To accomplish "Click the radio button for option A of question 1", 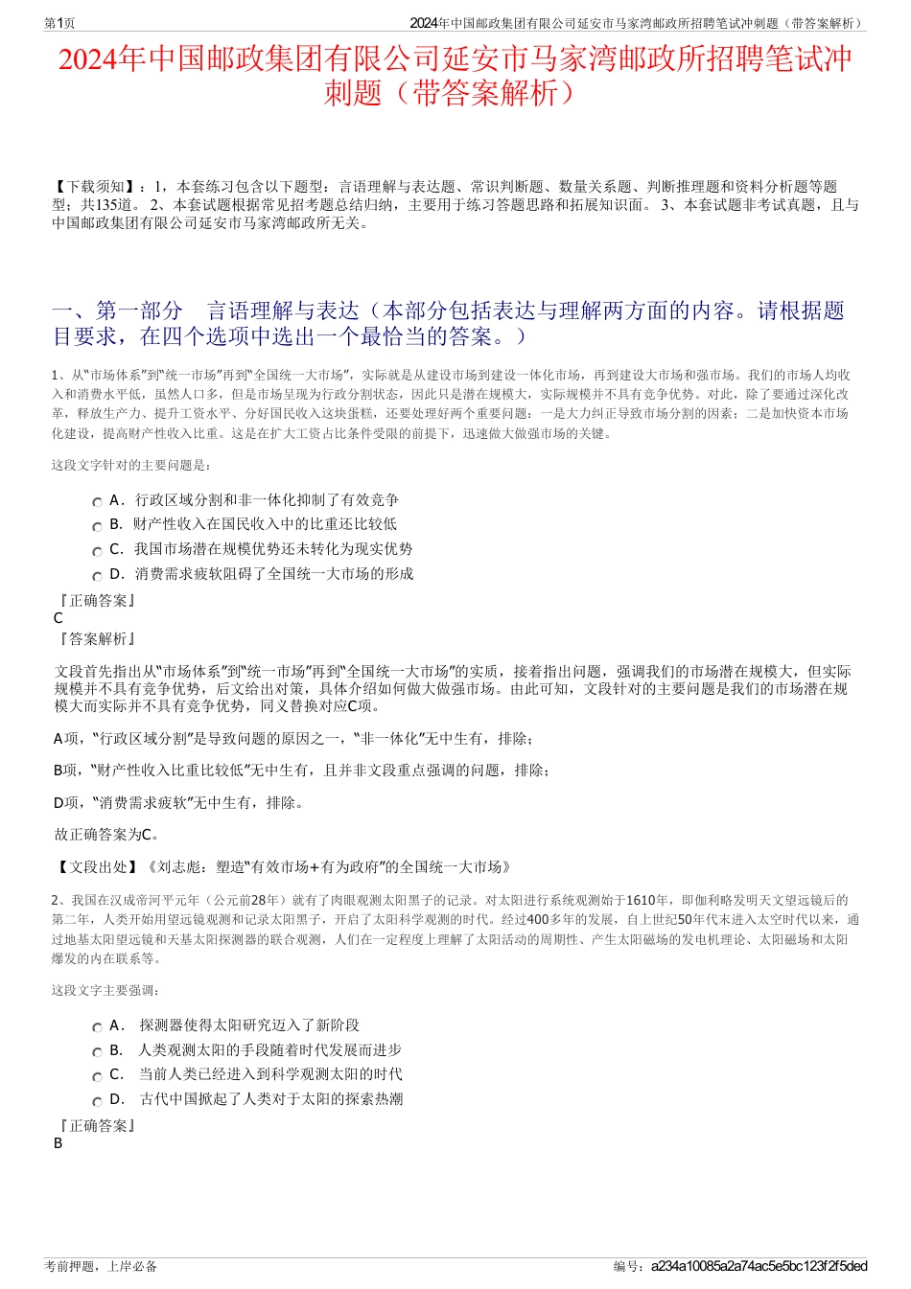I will pyautogui.click(x=97, y=502).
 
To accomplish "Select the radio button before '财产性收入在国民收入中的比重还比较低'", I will pyautogui.click(x=97, y=526).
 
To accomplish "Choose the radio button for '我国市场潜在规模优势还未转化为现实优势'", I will pyautogui.click(x=97, y=551).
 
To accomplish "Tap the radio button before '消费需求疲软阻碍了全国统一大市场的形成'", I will pyautogui.click(x=97, y=576).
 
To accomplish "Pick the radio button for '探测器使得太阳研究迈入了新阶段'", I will pyautogui.click(x=97, y=1027).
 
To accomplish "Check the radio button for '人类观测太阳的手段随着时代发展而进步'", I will pyautogui.click(x=97, y=1052).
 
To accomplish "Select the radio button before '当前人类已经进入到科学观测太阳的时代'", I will pyautogui.click(x=97, y=1076).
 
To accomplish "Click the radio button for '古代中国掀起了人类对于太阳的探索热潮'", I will pyautogui.click(x=97, y=1101).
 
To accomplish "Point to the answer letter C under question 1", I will pyautogui.click(x=58, y=618).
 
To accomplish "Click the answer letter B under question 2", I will pyautogui.click(x=58, y=1143).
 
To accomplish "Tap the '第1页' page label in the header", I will pyautogui.click(x=59, y=23).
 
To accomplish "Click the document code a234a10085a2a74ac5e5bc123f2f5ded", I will pyautogui.click(x=759, y=1266).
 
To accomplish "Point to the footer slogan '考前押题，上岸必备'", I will pyautogui.click(x=101, y=1266).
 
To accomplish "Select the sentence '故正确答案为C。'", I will pyautogui.click(x=107, y=834).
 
